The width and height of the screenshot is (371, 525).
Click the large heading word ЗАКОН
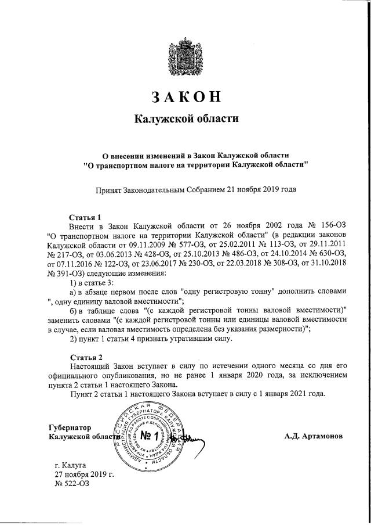(x=186, y=96)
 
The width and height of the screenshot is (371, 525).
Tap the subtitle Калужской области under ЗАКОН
(x=186, y=118)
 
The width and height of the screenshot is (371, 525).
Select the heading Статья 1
(x=85, y=217)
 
